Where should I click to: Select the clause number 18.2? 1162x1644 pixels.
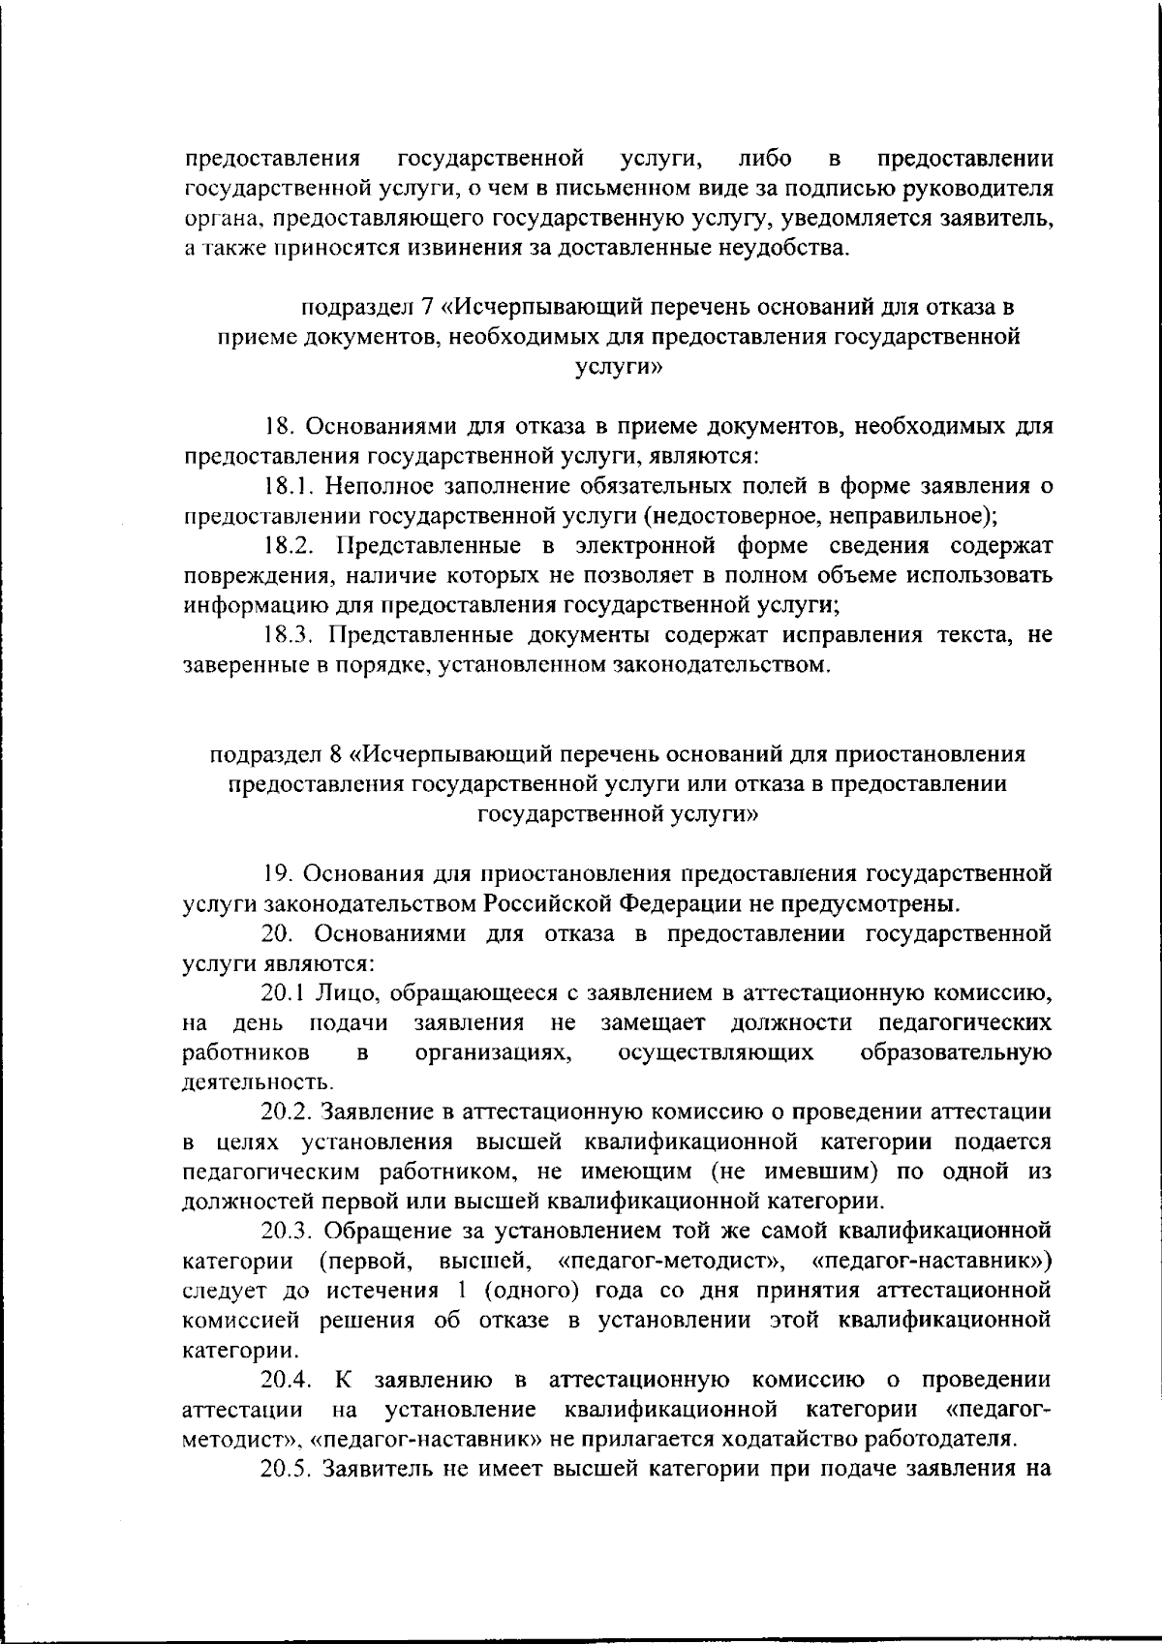291,544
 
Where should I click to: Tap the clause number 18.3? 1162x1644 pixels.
291,635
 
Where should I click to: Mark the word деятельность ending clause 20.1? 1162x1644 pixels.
247,1081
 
